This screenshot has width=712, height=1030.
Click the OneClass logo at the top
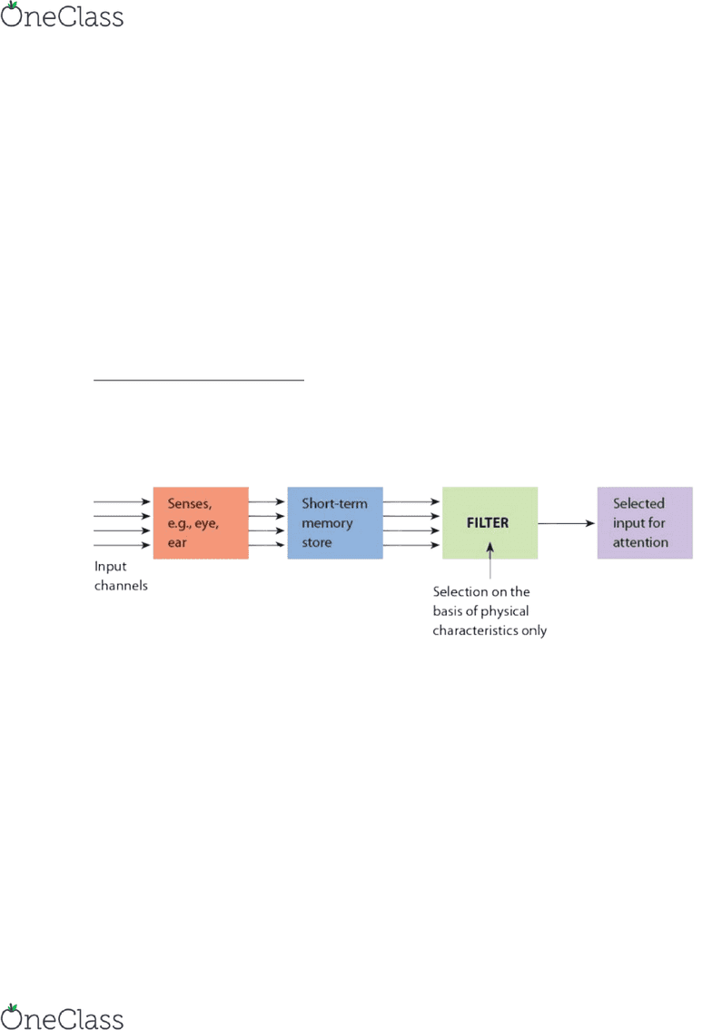coord(62,15)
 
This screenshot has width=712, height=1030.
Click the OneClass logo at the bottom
coord(62,1017)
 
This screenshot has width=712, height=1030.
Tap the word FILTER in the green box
coord(488,523)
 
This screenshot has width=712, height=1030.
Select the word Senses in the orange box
coord(189,504)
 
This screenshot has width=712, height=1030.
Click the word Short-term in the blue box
coord(334,503)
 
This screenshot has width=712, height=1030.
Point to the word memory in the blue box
coord(327,523)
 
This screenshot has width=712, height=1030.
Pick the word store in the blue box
coord(317,542)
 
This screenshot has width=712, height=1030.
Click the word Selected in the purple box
coord(638,503)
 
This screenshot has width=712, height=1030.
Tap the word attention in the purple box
coord(640,542)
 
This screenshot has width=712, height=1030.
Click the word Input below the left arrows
coord(111,566)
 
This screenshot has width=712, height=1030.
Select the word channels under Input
coord(121,585)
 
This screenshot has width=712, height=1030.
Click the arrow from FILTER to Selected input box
coord(566,523)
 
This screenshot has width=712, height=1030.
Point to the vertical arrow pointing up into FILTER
coord(490,560)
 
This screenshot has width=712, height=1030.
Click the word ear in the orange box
coord(177,542)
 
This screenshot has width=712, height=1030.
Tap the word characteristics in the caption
coord(475,630)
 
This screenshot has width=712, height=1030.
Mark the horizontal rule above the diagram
coord(199,380)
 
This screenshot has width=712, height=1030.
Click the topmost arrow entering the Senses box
coord(123,502)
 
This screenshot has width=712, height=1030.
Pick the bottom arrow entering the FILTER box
coord(411,545)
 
